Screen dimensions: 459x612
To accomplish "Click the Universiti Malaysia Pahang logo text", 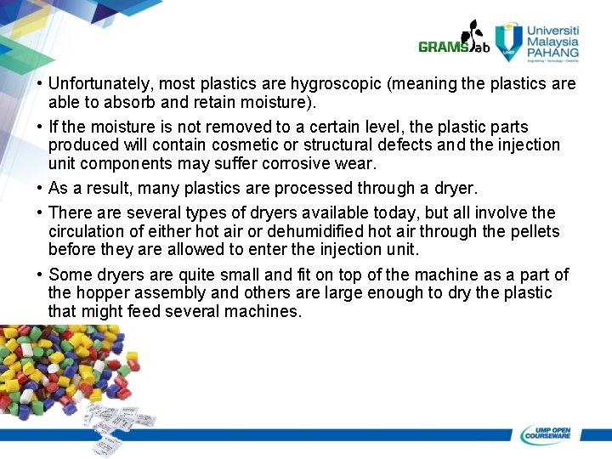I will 552,41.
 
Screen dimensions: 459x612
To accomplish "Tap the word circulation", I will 88,231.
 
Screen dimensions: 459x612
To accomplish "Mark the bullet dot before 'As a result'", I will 40,189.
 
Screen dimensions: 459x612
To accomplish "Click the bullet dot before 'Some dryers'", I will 40,275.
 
